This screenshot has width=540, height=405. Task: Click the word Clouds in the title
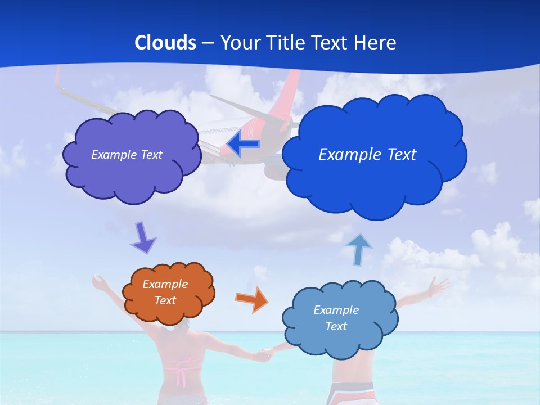[165, 43]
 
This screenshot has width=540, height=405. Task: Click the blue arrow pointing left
[244, 144]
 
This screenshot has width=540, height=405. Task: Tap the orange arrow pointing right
[251, 299]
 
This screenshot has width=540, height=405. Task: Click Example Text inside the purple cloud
[127, 155]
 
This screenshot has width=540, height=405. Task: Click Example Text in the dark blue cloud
[367, 155]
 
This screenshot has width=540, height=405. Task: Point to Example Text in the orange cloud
[165, 292]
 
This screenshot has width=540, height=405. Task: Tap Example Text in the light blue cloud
[336, 318]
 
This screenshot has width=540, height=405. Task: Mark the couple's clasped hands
[264, 354]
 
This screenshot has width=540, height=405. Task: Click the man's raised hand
[437, 286]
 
